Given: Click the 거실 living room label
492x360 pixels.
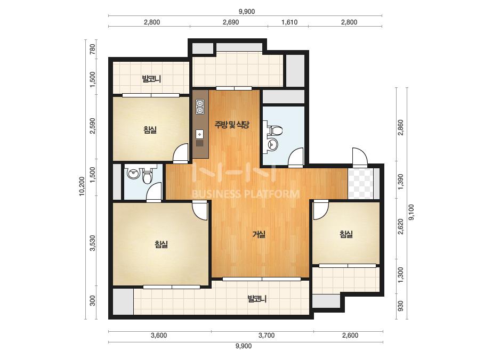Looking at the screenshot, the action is tap(259, 234).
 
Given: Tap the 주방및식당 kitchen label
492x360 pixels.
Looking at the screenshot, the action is tap(232, 125).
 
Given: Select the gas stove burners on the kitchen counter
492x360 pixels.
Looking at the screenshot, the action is tap(200, 107).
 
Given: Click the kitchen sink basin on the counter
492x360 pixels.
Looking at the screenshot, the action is tap(200, 134).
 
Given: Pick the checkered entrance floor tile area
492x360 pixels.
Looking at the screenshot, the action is tap(360, 183).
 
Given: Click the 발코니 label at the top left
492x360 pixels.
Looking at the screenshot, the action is tap(151, 78).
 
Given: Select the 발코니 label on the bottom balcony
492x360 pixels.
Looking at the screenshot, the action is tap(257, 299).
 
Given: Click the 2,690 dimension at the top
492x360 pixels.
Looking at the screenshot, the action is tap(231, 22).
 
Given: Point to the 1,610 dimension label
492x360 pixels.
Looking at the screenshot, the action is tap(289, 22).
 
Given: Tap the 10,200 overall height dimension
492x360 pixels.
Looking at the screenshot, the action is tap(82, 186).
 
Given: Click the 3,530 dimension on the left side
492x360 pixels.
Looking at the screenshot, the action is tap(92, 243).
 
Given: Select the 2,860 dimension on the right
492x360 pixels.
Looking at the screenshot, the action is tap(401, 128).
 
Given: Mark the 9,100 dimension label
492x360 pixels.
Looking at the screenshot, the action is tap(412, 212).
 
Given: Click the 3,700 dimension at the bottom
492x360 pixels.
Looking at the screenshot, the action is tap(267, 336).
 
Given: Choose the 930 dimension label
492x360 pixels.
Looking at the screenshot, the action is tap(401, 306).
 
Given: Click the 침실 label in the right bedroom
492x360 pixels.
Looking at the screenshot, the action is tap(346, 234).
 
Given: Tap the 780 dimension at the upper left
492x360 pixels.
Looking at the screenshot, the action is tap(92, 49).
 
